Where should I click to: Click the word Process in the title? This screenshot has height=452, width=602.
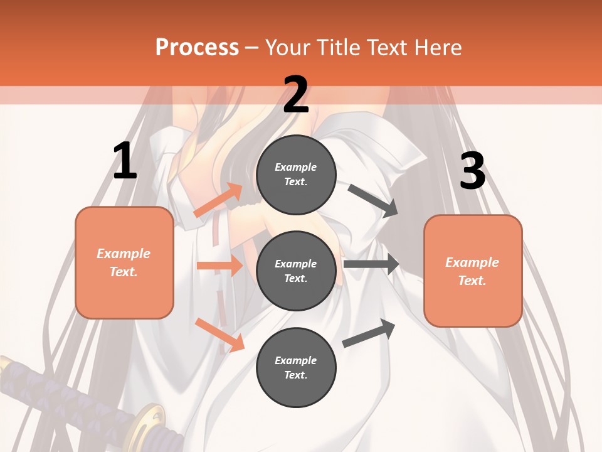point(197,47)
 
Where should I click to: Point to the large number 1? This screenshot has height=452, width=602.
point(125,161)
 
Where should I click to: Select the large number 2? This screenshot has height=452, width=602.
point(295,95)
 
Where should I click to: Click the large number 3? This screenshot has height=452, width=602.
point(472,171)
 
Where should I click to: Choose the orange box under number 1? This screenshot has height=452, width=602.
point(124,262)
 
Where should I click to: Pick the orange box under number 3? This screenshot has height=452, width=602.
point(473,271)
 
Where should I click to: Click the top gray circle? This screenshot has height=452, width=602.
point(296,175)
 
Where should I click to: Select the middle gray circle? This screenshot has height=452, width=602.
point(296,271)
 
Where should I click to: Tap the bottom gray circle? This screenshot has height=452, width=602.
point(296,367)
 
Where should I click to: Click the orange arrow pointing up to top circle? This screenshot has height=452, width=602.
point(218,200)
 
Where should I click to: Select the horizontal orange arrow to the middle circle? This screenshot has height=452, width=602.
point(219,266)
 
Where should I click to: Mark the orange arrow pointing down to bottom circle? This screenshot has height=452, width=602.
point(219,334)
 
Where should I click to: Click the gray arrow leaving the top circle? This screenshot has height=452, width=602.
point(373,200)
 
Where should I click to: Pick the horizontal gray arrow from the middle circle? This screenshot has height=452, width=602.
point(371,264)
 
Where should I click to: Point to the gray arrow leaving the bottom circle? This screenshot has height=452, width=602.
point(369,333)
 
